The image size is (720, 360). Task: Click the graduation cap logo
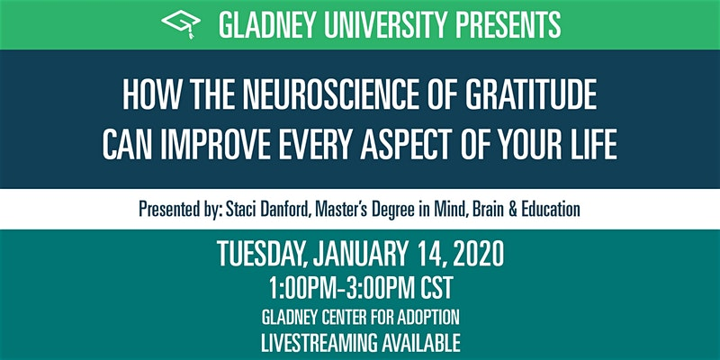(181, 23)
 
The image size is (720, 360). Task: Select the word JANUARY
(359, 255)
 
